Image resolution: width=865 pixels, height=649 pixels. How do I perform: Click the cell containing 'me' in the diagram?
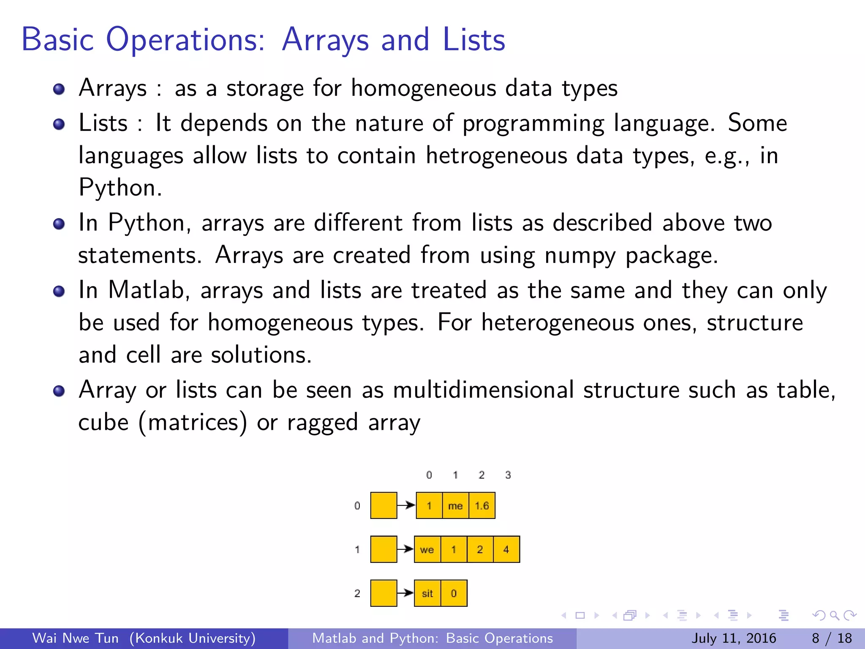tap(455, 506)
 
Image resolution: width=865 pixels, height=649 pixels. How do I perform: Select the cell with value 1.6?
tap(482, 506)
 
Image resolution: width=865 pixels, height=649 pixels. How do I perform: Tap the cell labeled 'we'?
tap(427, 550)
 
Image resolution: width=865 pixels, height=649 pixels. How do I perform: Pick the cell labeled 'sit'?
tap(427, 594)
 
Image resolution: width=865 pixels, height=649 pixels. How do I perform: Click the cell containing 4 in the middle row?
tap(506, 550)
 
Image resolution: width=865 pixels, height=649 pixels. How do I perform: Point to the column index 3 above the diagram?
tap(508, 475)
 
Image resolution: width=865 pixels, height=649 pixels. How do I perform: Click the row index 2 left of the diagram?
tap(357, 594)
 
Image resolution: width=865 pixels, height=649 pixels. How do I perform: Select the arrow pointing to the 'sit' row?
tap(406, 593)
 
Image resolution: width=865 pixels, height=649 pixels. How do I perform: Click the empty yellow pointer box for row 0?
tap(384, 506)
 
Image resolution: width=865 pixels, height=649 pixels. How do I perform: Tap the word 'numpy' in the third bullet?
tap(580, 256)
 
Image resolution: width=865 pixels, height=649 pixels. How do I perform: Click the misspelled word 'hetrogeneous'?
tap(496, 155)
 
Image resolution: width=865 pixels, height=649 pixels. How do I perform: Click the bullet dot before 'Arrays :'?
tap(59, 89)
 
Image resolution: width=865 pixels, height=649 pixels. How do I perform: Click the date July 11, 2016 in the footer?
tap(734, 638)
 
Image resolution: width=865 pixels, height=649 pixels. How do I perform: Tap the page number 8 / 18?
tap(832, 638)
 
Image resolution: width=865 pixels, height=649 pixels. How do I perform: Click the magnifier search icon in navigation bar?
tap(834, 616)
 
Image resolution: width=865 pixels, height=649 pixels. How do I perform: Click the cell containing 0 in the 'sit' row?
tap(454, 594)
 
